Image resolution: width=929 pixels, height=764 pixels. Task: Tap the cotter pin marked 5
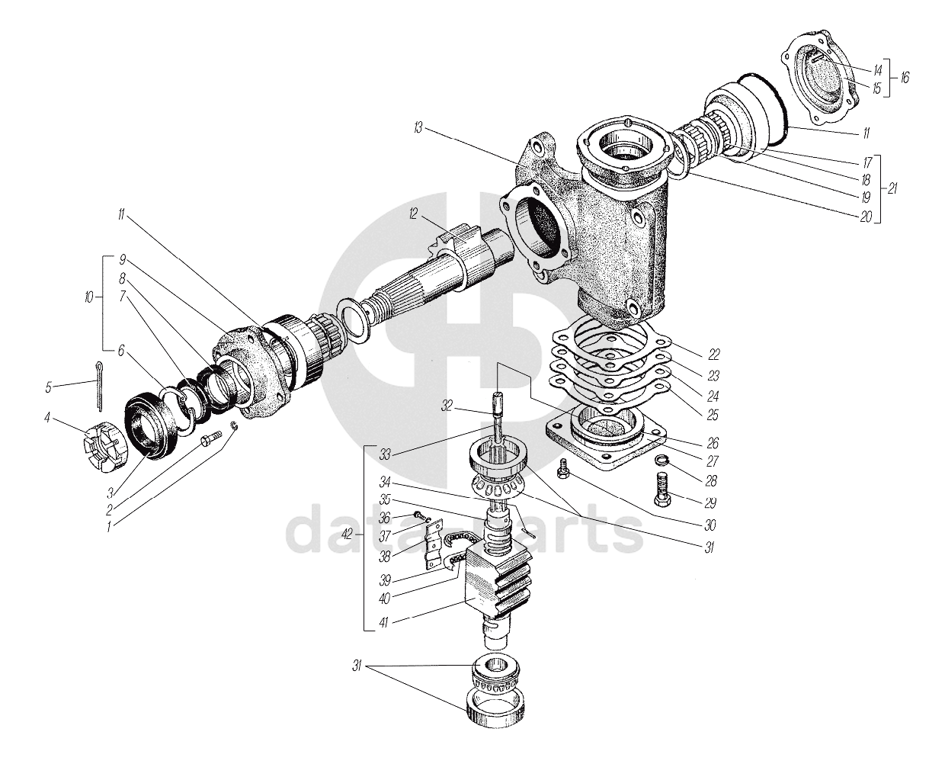pos(100,386)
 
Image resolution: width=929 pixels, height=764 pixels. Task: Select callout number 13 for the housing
pos(418,128)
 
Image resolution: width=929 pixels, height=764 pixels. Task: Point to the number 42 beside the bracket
pos(347,534)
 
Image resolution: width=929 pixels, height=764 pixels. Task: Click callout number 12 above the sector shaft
pos(413,214)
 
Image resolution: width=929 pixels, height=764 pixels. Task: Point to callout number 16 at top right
pos(904,78)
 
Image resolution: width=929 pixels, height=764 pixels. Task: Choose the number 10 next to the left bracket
pos(89,297)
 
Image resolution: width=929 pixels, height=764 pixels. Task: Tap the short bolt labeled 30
pos(562,468)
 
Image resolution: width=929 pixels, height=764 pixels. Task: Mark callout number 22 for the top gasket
pos(713,354)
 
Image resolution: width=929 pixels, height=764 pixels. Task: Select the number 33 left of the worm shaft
pos(385,455)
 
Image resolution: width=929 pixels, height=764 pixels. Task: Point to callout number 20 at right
pos(866,217)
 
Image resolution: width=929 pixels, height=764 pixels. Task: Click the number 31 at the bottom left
pos(357,666)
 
